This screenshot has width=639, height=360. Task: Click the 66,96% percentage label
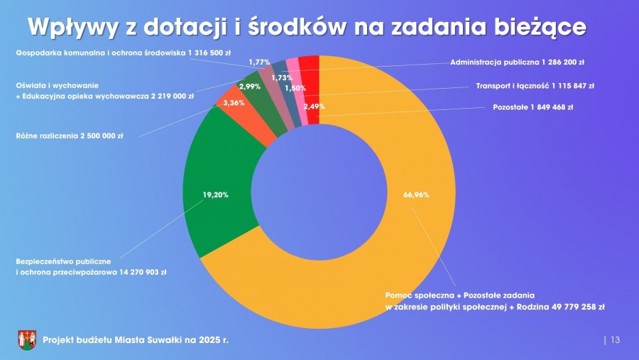click(416, 194)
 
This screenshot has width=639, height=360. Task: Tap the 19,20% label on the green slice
click(216, 194)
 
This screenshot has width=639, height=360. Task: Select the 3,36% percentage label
click(234, 103)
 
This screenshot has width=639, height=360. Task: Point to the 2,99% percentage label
click(250, 86)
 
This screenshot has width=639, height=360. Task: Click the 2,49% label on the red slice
click(315, 107)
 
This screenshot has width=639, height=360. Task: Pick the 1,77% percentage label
click(259, 62)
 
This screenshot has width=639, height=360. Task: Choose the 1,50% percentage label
click(295, 88)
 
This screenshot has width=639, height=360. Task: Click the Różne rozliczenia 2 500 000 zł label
click(69, 136)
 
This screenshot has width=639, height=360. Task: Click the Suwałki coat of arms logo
click(27, 340)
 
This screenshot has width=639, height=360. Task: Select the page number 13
click(615, 340)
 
